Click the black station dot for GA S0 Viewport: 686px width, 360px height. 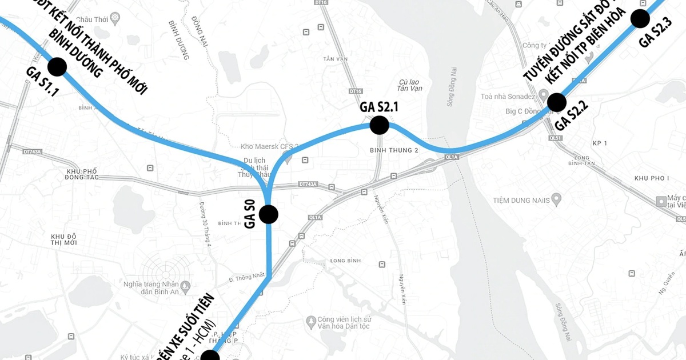click(x=268, y=214)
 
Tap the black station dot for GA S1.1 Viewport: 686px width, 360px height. click(x=57, y=67)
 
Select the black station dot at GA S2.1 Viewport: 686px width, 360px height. click(x=379, y=125)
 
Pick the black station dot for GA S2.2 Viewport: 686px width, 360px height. click(x=556, y=103)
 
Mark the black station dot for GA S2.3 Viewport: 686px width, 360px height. click(x=640, y=19)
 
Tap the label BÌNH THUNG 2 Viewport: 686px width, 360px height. click(x=394, y=150)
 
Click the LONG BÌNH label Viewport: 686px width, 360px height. click(x=346, y=261)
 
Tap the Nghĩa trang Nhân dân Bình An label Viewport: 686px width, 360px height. click(x=151, y=289)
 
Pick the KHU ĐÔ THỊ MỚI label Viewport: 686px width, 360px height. click(x=64, y=239)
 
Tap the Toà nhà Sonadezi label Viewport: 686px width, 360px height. click(x=507, y=96)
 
